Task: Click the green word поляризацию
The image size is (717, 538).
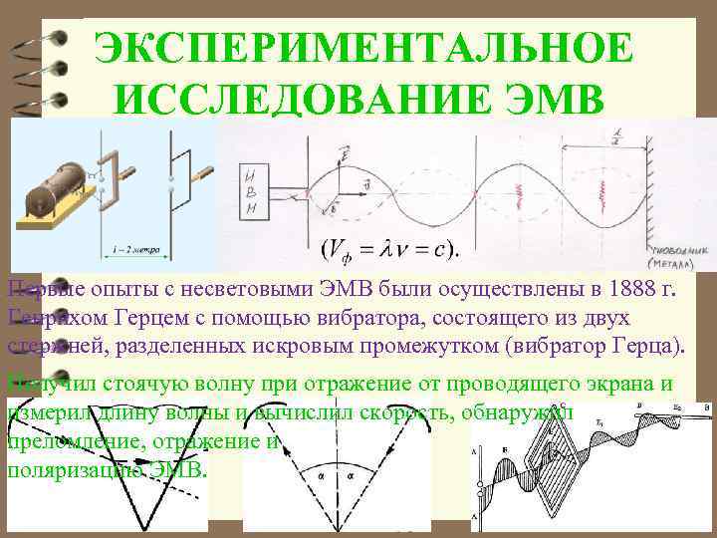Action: (x=70, y=468)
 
